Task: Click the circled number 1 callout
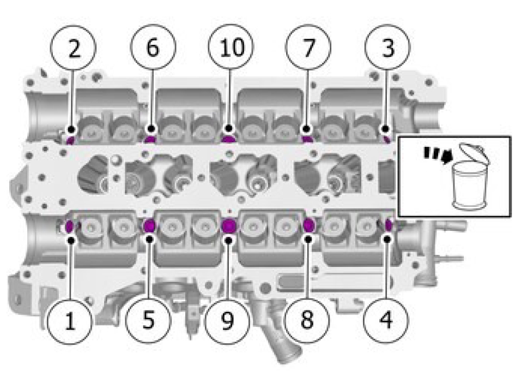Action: click(x=69, y=321)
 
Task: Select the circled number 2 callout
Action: click(x=73, y=47)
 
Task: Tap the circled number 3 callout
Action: click(x=387, y=47)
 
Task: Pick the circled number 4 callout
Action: click(x=386, y=319)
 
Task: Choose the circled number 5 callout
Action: click(x=148, y=320)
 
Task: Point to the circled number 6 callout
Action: click(x=153, y=47)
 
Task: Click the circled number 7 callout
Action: click(x=308, y=47)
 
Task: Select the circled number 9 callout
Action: click(x=227, y=321)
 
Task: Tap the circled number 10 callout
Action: click(x=231, y=47)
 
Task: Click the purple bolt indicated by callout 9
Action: click(x=229, y=226)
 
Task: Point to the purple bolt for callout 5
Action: click(x=150, y=226)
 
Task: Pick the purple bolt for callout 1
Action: click(x=70, y=226)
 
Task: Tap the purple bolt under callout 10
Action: click(x=228, y=139)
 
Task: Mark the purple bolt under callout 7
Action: click(x=307, y=139)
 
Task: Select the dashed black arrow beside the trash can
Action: click(x=438, y=155)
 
